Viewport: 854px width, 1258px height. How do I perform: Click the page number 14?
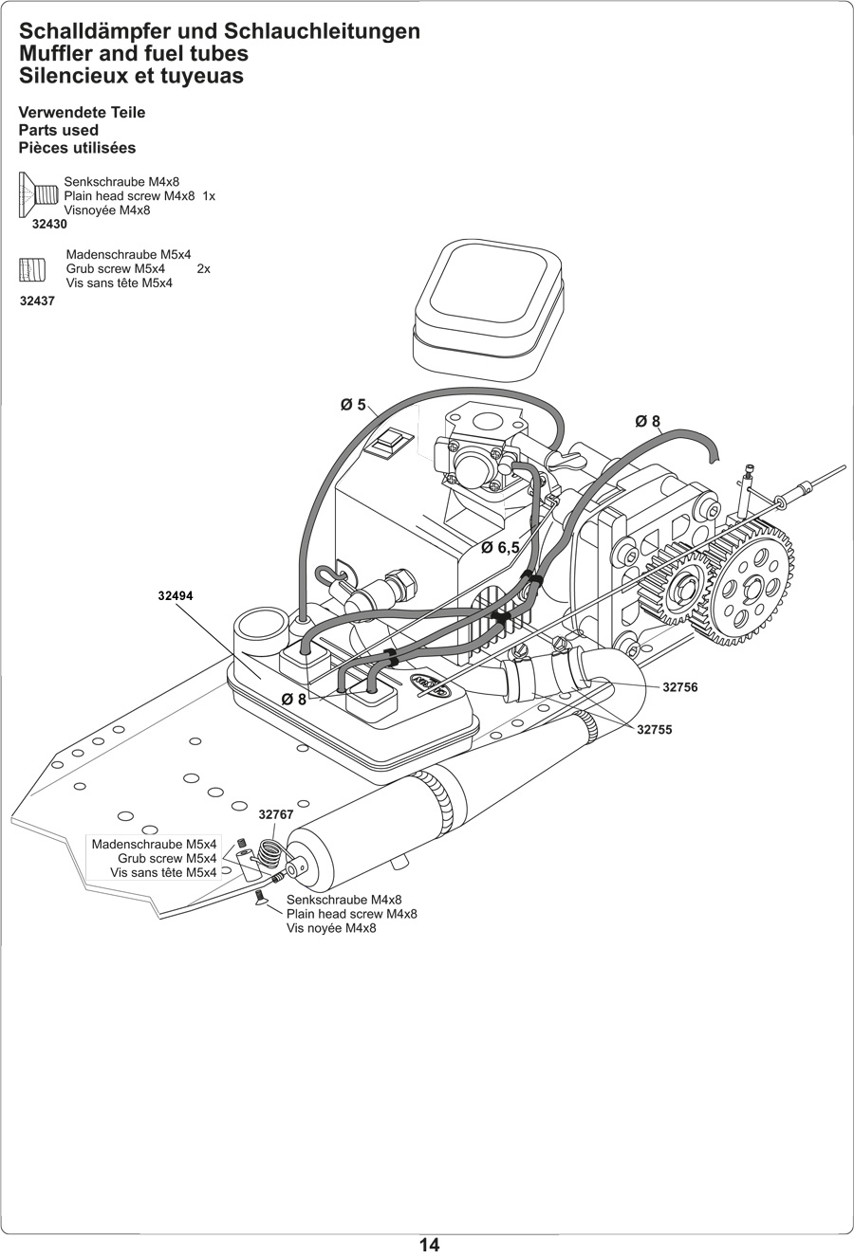(x=429, y=1245)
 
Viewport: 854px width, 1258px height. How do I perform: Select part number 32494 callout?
(x=176, y=596)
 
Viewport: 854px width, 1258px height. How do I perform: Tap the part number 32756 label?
(x=679, y=687)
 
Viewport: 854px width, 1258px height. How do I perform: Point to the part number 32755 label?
(x=654, y=730)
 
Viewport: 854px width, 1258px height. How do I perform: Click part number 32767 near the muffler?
(x=276, y=814)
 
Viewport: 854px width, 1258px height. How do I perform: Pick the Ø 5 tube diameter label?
(x=353, y=405)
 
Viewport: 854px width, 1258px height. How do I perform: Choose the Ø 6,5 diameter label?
(x=500, y=548)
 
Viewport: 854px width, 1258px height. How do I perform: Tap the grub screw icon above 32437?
(x=32, y=270)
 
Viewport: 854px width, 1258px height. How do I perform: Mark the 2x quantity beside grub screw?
(x=203, y=269)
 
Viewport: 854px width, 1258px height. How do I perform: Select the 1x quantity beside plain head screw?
(x=209, y=196)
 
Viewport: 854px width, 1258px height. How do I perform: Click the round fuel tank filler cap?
(x=258, y=625)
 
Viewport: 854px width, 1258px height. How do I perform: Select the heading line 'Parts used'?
(x=59, y=130)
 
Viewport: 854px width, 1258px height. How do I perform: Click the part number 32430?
(x=49, y=225)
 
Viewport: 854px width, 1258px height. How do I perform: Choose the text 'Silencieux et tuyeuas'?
(x=131, y=76)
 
